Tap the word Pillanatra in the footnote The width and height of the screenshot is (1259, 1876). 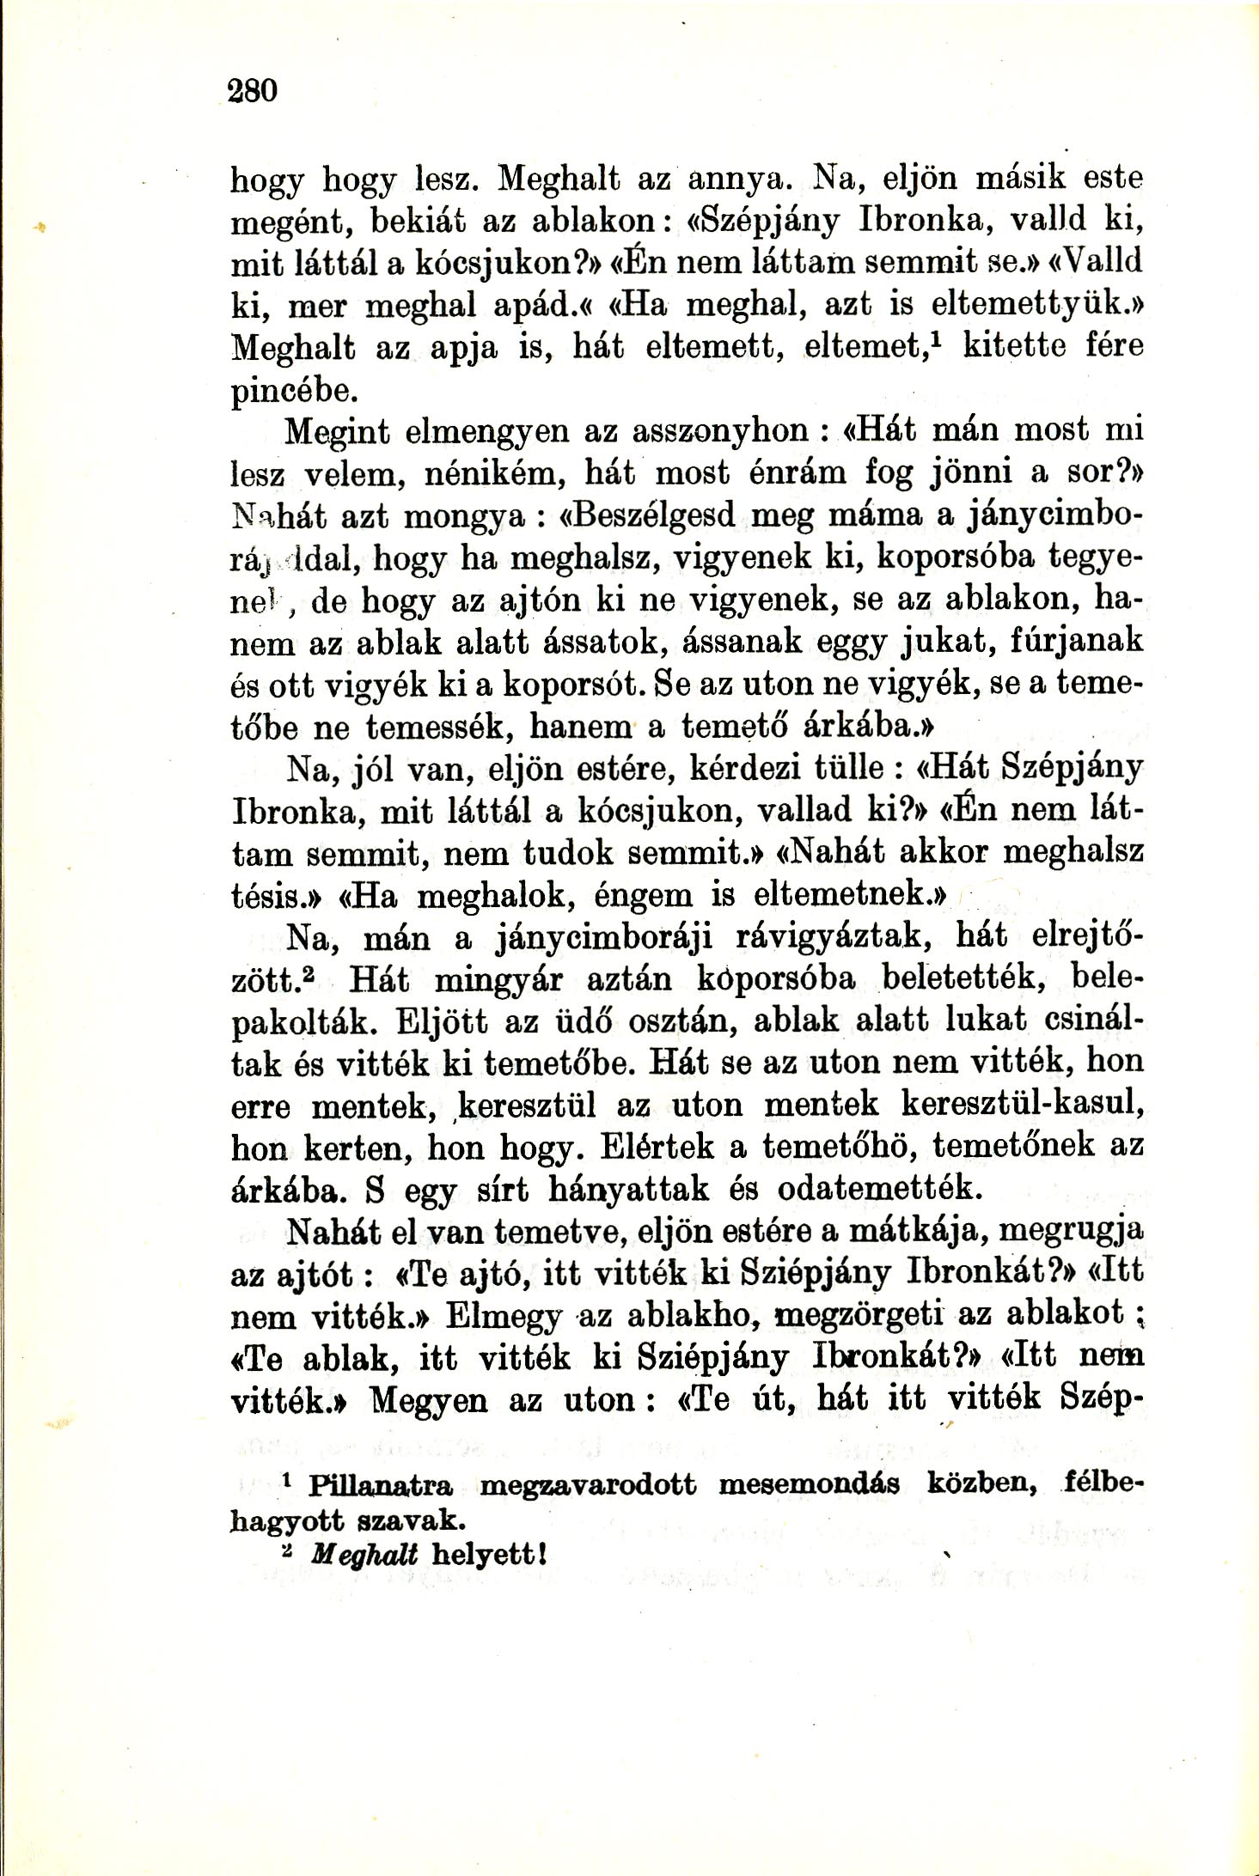[382, 1484]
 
